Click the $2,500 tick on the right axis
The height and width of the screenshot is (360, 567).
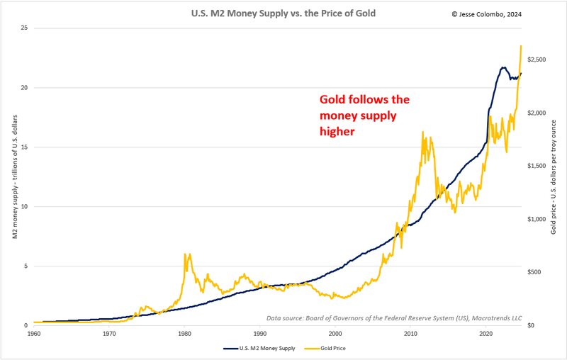tap(536, 60)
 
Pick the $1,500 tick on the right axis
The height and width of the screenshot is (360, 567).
tap(536, 166)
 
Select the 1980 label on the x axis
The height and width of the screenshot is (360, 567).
tap(184, 333)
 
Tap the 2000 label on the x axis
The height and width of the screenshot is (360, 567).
tap(335, 333)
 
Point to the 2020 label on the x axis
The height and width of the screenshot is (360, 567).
tap(486, 333)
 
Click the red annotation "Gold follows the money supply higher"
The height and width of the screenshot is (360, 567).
tap(364, 116)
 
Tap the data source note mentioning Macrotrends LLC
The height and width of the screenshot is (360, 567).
tap(393, 317)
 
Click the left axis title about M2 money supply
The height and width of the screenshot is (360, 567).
tap(14, 177)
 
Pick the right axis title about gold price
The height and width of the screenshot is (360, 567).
tap(554, 177)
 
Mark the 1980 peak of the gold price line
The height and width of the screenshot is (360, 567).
tap(185, 254)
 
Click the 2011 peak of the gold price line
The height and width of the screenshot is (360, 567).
tap(423, 132)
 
